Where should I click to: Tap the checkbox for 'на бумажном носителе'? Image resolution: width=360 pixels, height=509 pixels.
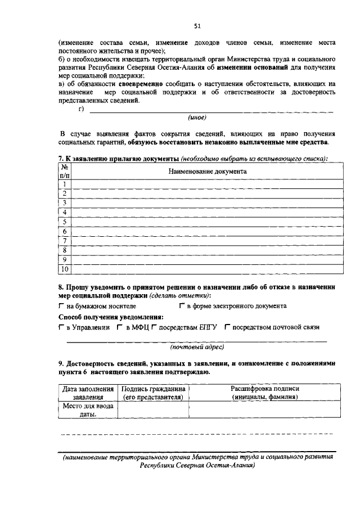(61, 306)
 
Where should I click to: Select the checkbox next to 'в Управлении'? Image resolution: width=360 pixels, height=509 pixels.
(61, 327)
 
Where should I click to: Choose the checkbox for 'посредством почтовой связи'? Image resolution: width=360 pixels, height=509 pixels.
(227, 327)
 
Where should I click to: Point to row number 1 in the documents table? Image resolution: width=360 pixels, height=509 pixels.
(65, 184)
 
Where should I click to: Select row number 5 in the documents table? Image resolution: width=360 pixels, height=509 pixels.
(65, 222)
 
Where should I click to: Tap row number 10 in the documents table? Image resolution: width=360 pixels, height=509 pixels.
(65, 269)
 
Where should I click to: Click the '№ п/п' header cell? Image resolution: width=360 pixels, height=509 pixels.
(65, 172)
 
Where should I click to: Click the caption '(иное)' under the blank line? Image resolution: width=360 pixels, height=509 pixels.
(197, 118)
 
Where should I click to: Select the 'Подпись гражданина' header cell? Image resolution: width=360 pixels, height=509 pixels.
(154, 393)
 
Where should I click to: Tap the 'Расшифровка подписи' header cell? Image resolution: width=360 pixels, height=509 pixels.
(265, 393)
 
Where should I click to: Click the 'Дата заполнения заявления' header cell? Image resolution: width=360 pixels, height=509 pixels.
(88, 393)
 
